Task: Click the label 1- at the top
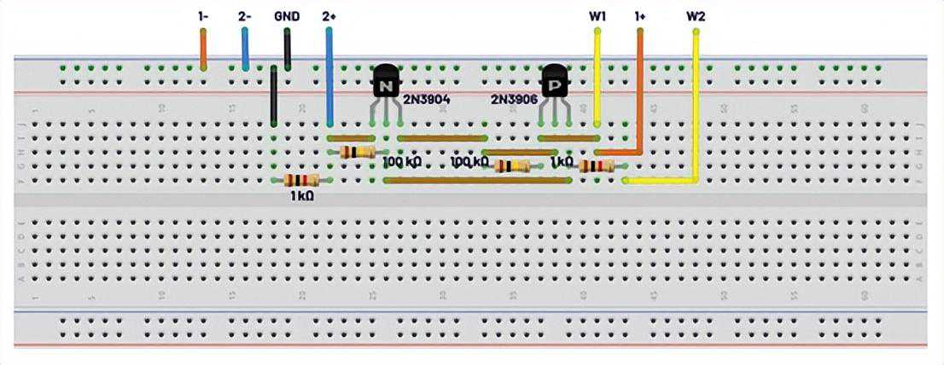[203, 15]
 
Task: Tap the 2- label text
[245, 15]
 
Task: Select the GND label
[287, 15]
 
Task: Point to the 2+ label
[329, 15]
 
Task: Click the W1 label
[597, 15]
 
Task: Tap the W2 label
[696, 15]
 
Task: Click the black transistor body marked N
[386, 83]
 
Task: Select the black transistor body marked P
[556, 83]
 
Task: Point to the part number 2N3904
[426, 100]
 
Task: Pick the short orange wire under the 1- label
[203, 49]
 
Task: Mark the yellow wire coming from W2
[696, 102]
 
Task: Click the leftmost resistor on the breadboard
[301, 180]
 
